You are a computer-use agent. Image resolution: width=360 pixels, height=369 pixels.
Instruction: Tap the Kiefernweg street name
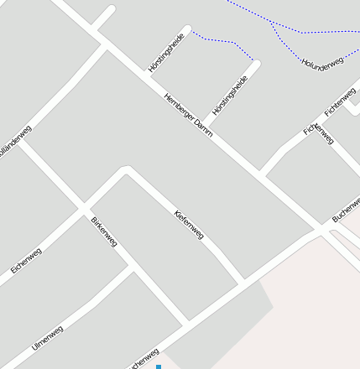pos(189,224)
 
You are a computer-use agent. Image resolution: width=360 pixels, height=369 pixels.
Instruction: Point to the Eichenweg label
pos(26,260)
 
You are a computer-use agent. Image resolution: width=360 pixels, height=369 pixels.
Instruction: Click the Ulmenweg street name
pos(47,339)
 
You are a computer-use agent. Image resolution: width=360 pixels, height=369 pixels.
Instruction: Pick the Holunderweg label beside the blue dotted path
pos(322,63)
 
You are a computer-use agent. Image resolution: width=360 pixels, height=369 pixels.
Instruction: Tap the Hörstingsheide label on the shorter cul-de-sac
pos(165,54)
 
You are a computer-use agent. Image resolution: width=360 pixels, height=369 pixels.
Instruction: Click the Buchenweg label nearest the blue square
pos(143,358)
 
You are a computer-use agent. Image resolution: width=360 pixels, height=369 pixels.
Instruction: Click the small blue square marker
pos(158,366)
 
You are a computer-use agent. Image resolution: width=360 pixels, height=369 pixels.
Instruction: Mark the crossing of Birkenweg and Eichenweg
pos(83,207)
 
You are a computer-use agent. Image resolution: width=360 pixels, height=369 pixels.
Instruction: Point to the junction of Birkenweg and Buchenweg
pos(188,323)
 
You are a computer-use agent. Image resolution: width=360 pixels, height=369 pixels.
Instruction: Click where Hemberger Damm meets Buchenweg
pos(323,229)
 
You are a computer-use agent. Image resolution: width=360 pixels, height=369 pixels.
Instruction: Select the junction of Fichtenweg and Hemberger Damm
pos(263,174)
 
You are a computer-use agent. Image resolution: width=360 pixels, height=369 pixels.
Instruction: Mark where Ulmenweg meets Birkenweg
pos(132,270)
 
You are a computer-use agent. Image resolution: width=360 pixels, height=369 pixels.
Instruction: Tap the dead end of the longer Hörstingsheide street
pos(257,63)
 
